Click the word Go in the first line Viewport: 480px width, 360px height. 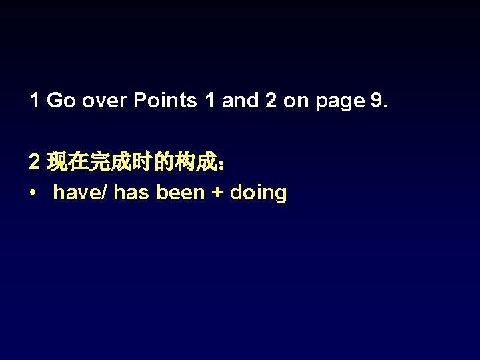61,101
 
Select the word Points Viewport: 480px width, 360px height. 165,101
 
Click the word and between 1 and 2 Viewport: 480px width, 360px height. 240,101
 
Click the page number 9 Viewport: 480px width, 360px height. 376,101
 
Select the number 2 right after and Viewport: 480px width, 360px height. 270,101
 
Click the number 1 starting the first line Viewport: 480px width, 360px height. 35,101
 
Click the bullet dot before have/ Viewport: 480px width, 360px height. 33,193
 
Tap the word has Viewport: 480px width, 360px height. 133,193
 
